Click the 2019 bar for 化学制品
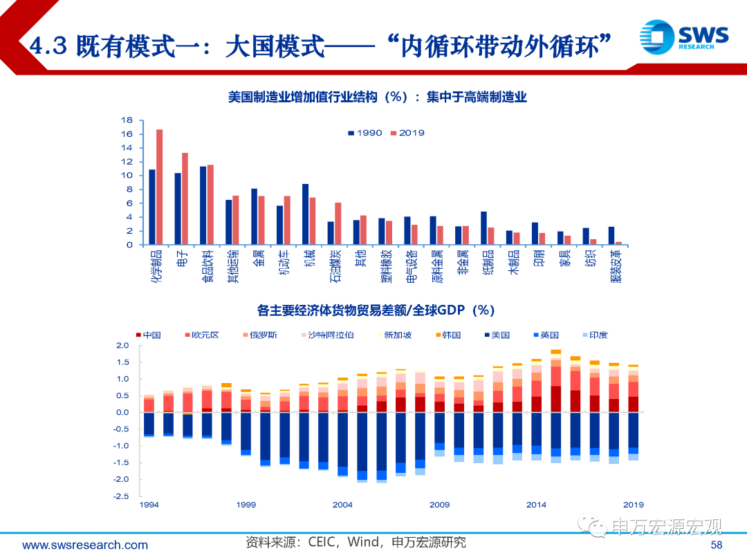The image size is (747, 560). pos(159,187)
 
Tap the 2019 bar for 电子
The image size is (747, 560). pos(185,198)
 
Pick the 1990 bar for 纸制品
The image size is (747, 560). pos(483,227)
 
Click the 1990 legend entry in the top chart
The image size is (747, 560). pos(365,133)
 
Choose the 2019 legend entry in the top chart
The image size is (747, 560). pos(407,133)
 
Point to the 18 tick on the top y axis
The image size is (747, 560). pos(127,120)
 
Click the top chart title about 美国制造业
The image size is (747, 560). pos(378,97)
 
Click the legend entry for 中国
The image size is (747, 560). pos(148,335)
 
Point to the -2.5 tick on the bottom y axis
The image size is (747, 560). pos(122,496)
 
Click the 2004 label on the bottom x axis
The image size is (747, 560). pos(342,505)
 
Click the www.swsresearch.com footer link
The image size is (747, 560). pos(85,545)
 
